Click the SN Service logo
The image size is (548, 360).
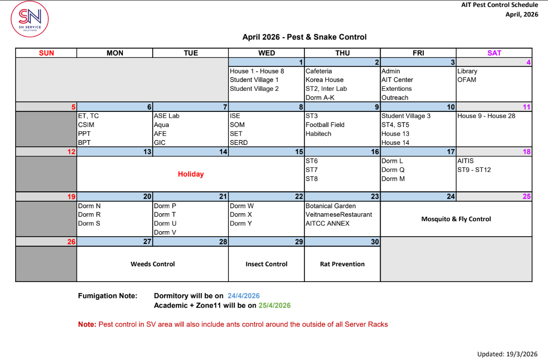(x=30, y=19)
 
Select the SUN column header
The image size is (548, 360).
(x=46, y=53)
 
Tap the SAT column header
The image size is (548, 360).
(x=494, y=53)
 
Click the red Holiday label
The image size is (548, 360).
(x=191, y=174)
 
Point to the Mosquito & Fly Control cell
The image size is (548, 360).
(x=456, y=219)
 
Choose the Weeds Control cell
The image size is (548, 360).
(x=153, y=264)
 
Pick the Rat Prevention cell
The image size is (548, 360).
(x=342, y=264)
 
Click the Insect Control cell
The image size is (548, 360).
(x=266, y=264)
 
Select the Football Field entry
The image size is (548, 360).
(x=325, y=125)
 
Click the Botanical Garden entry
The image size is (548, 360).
(x=330, y=206)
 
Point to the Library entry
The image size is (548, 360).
(x=467, y=71)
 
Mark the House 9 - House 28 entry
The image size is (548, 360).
(x=486, y=116)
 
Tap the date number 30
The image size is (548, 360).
(x=375, y=242)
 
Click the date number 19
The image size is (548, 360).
(x=71, y=197)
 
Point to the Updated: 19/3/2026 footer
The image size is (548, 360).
(x=507, y=354)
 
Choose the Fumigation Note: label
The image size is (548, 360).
(x=107, y=296)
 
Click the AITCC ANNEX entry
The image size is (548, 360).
(x=327, y=224)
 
